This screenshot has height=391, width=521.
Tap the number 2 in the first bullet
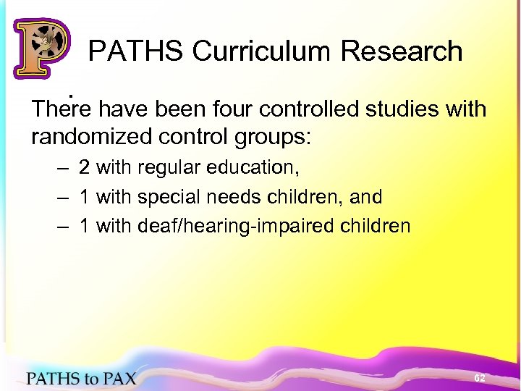(x=85, y=167)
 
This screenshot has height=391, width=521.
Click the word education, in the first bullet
(x=251, y=167)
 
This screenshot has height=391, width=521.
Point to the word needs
(x=232, y=197)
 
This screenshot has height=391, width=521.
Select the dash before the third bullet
(x=64, y=227)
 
